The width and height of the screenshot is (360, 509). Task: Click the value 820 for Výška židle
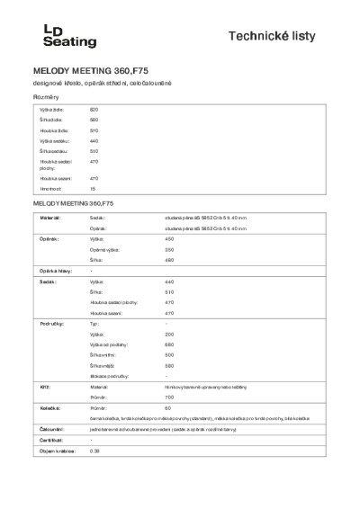(94, 108)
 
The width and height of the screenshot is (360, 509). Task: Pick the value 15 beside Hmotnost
(92, 190)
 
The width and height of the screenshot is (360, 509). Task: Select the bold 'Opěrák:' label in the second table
(49, 240)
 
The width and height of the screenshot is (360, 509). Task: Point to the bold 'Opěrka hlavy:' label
(54, 272)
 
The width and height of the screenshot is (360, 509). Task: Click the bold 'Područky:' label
(50, 322)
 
